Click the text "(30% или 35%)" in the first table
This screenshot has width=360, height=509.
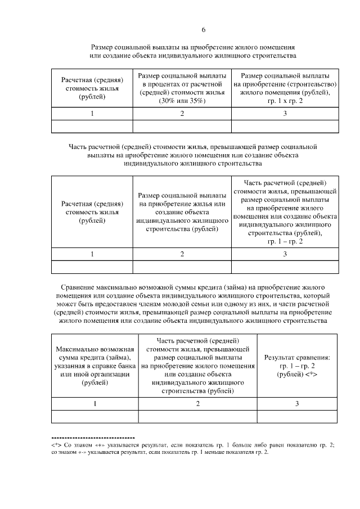[x=182, y=101]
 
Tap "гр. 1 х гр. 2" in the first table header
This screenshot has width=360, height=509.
[x=285, y=101]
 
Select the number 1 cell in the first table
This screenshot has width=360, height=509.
[x=92, y=114]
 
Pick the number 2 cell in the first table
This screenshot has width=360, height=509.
[x=182, y=114]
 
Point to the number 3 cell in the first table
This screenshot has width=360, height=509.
[x=285, y=114]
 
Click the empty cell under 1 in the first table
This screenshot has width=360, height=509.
[x=92, y=127]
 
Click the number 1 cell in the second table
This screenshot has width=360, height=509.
[x=92, y=254]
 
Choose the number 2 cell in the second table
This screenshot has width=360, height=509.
[x=182, y=254]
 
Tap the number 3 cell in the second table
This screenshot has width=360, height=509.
[x=285, y=254]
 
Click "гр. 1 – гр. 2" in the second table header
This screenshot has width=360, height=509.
[x=285, y=241]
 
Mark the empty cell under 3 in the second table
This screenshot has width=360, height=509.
[x=285, y=267]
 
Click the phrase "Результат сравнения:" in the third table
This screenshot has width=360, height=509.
[x=297, y=357]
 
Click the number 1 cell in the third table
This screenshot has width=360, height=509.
[x=94, y=404]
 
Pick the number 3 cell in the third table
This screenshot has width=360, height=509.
[x=297, y=404]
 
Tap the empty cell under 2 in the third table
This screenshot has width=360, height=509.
[x=197, y=416]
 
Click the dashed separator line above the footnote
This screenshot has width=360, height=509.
[x=93, y=437]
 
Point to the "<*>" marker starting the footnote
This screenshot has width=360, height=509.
[x=56, y=444]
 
